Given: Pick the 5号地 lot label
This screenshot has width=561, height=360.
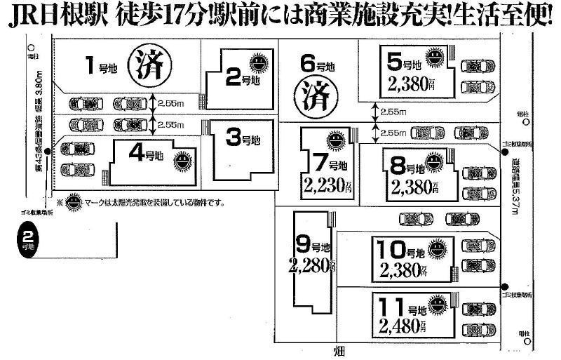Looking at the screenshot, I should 405,64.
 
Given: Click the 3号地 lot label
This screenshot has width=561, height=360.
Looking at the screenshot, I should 242,138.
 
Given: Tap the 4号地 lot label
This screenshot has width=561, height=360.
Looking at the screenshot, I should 146,152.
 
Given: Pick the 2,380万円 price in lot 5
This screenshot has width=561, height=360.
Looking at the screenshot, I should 412,84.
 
